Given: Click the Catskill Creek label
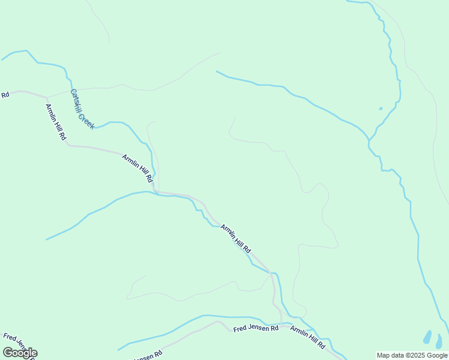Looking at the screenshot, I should [83, 109].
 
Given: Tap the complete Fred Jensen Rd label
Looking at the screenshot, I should [256, 328].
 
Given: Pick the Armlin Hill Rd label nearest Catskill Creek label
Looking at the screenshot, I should [56, 122].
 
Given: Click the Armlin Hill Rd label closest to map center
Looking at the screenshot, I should [235, 238].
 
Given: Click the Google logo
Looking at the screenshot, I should [20, 353].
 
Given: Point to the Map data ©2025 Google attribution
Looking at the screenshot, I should [412, 355].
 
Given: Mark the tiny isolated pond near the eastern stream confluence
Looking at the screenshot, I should [381, 109].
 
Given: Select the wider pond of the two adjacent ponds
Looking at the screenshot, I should [427, 338].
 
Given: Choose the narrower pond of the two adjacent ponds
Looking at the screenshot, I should [439, 341].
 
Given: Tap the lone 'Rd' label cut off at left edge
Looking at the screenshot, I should [5, 95].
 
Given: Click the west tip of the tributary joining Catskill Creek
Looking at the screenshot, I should [47, 239].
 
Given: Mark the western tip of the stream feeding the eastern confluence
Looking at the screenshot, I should [216, 71].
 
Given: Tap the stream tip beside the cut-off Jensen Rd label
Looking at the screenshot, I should [118, 350].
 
